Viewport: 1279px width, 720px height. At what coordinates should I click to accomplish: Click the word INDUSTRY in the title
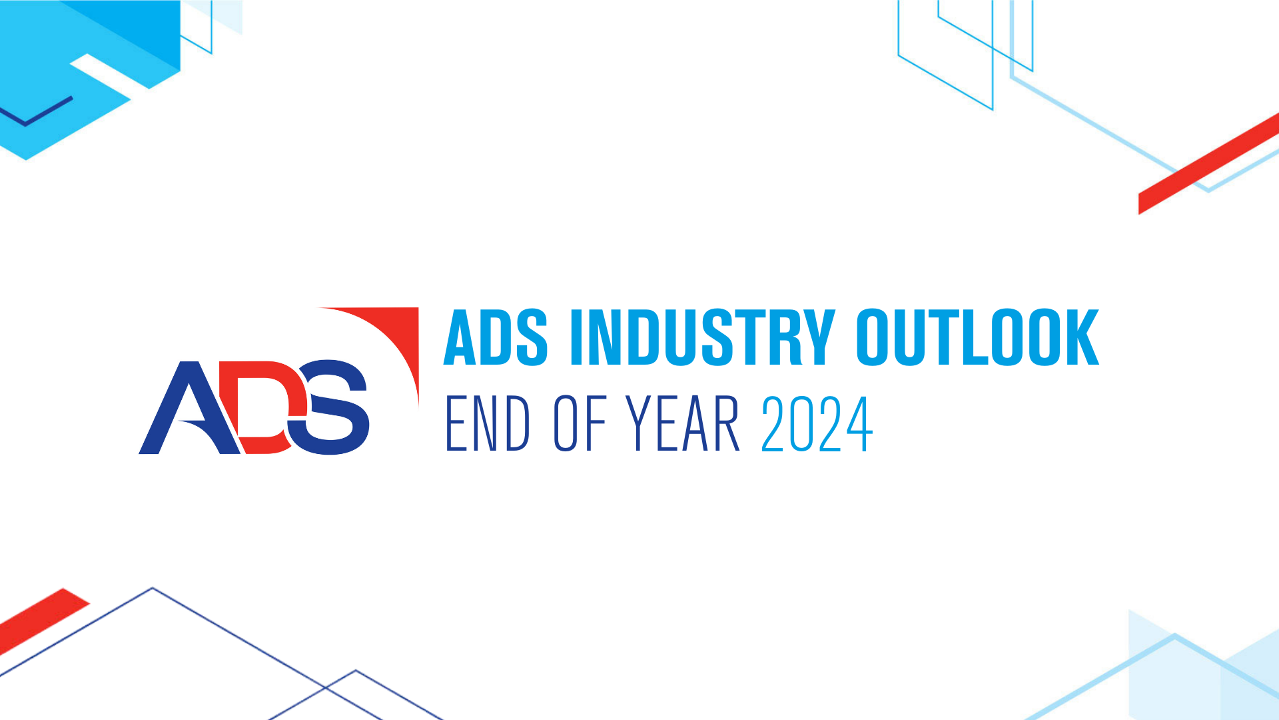(x=703, y=337)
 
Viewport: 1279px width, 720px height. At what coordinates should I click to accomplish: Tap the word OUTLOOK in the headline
(x=978, y=337)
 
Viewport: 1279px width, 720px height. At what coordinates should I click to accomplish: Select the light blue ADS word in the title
(x=496, y=337)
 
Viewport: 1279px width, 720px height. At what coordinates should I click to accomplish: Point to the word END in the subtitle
(x=487, y=423)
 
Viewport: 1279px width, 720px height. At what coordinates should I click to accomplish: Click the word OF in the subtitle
(x=580, y=423)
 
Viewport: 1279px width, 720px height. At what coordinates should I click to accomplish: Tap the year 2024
(x=817, y=424)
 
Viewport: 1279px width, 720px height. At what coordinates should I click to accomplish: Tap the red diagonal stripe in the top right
(x=1208, y=164)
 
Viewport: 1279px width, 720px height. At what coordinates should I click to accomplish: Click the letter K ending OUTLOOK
(x=1080, y=337)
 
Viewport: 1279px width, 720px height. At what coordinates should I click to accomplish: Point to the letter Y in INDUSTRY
(x=818, y=337)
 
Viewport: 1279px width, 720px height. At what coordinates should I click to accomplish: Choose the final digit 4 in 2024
(x=859, y=424)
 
